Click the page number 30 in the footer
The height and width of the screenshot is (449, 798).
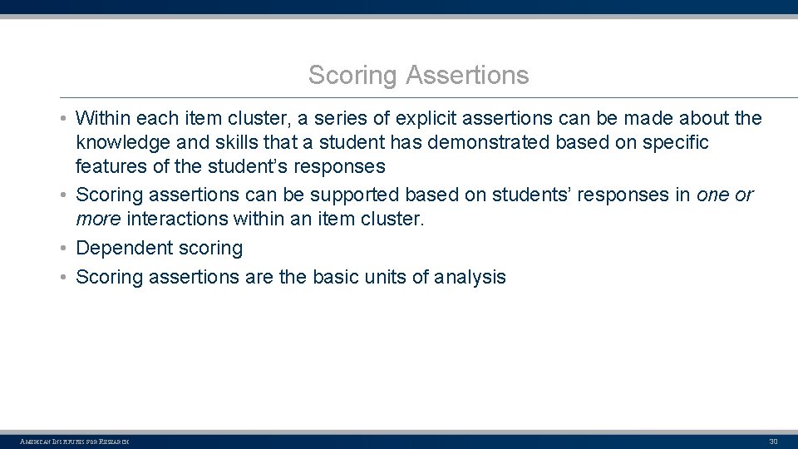click(773, 441)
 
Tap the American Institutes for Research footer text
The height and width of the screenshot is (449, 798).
click(75, 441)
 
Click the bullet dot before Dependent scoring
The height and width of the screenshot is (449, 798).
click(64, 248)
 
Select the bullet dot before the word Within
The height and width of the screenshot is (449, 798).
click(64, 118)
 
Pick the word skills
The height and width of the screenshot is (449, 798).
click(236, 142)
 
